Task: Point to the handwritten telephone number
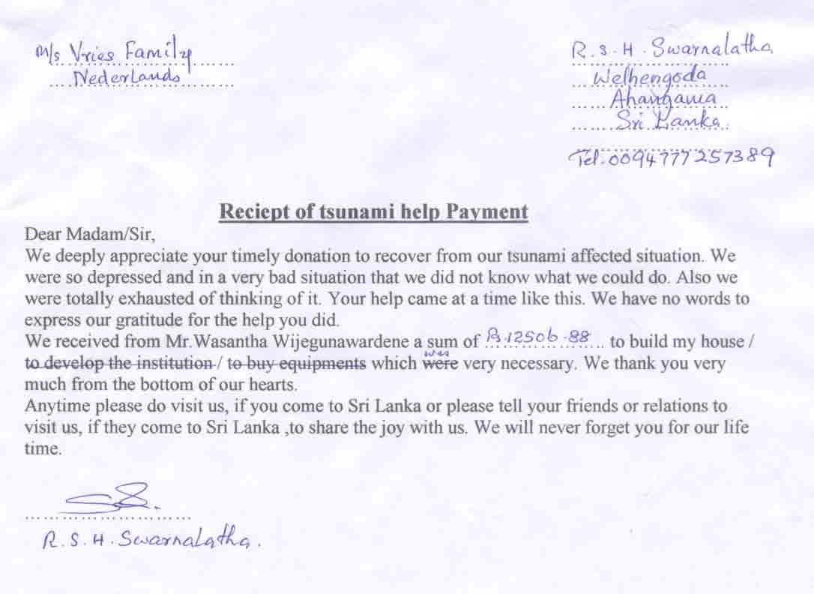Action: point(672,156)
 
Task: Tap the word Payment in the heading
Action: point(487,212)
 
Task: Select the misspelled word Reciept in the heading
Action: point(249,212)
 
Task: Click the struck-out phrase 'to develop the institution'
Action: point(118,365)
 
